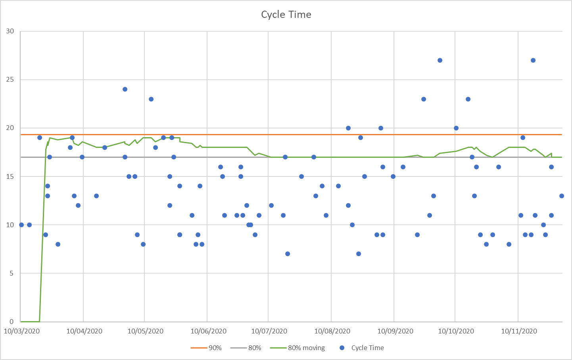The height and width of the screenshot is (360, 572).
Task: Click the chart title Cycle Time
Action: [286, 15]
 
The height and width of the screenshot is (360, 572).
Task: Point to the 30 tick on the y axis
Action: [10, 31]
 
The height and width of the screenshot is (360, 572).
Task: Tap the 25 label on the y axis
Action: [10, 80]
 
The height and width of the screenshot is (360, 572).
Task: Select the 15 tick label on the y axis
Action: [10, 176]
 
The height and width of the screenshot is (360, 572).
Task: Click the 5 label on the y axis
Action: [12, 273]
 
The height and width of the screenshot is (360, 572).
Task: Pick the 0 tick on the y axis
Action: [12, 322]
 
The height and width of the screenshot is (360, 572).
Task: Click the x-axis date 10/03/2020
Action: [22, 331]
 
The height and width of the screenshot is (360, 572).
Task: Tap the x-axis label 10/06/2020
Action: [208, 331]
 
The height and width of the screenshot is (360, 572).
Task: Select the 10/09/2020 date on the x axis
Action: [395, 331]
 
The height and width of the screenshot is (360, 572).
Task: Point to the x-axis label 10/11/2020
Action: [519, 331]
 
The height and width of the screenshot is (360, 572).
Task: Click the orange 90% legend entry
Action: [206, 348]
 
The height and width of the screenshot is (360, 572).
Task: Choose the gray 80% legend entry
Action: [246, 348]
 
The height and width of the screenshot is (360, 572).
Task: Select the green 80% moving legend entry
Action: [298, 348]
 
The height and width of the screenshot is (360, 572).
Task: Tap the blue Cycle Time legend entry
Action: [362, 348]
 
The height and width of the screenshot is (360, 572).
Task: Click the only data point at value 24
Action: [125, 89]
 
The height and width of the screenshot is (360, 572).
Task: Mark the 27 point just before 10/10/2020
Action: [440, 60]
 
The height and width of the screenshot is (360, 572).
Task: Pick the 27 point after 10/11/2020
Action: [533, 60]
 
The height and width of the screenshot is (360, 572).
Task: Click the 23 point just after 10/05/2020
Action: [151, 99]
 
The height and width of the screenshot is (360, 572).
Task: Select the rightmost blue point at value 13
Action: [562, 196]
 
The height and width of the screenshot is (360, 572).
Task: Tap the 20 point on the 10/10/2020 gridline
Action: [456, 128]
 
